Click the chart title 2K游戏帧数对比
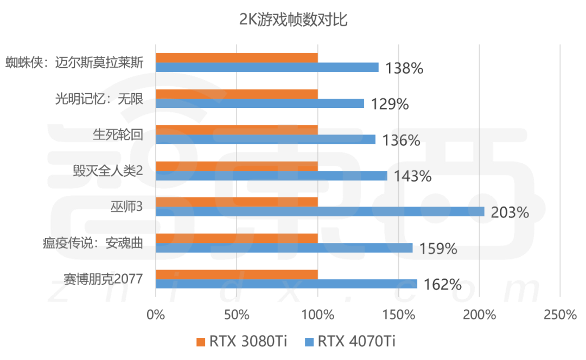(293, 21)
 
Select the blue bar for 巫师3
(320, 211)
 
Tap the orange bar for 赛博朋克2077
(237, 274)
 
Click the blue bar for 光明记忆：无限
(259, 103)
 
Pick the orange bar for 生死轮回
(237, 130)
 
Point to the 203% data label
(509, 213)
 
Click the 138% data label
(404, 68)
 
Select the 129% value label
(390, 104)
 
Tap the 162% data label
(443, 285)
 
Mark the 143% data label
(412, 176)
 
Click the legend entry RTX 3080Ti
(241, 342)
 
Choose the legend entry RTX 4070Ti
(350, 342)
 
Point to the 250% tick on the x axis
(560, 315)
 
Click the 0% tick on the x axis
(156, 315)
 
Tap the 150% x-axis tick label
(398, 315)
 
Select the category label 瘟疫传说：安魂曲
(92, 243)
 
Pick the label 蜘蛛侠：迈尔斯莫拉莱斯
(74, 63)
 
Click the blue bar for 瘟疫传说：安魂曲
(284, 248)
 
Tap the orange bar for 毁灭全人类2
(237, 166)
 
